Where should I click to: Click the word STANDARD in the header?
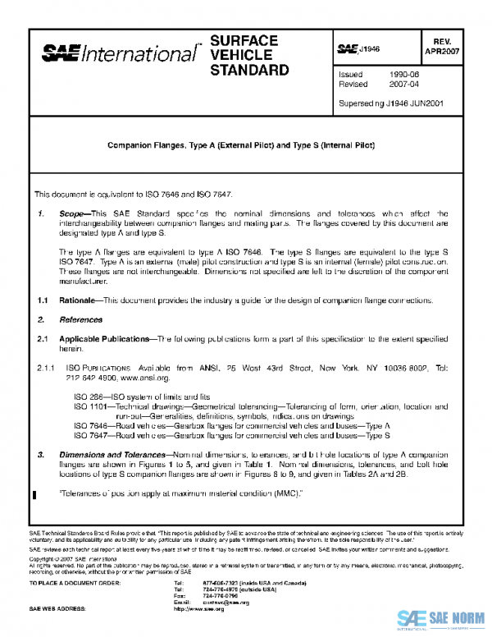point(249,70)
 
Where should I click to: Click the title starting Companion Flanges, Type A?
point(241,144)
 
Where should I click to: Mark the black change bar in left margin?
point(34,494)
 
